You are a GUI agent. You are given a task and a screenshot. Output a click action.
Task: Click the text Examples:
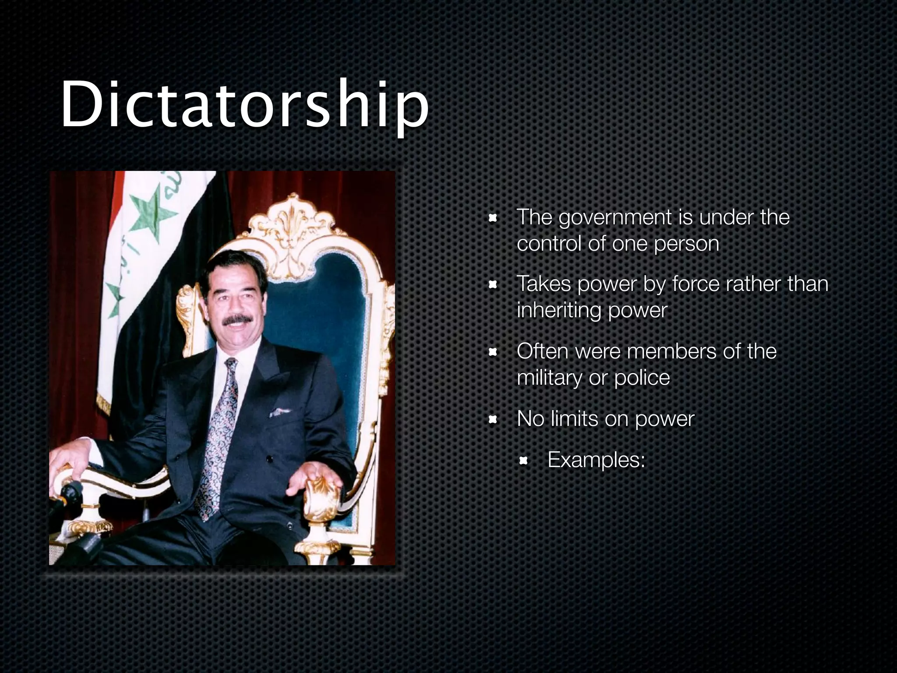click(596, 460)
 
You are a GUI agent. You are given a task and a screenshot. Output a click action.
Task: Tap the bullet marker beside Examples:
click(523, 460)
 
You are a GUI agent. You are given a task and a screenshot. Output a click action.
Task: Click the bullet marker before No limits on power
click(492, 420)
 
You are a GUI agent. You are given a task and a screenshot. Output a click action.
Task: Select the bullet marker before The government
click(492, 218)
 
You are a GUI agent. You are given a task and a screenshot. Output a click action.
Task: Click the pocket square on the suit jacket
click(279, 412)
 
